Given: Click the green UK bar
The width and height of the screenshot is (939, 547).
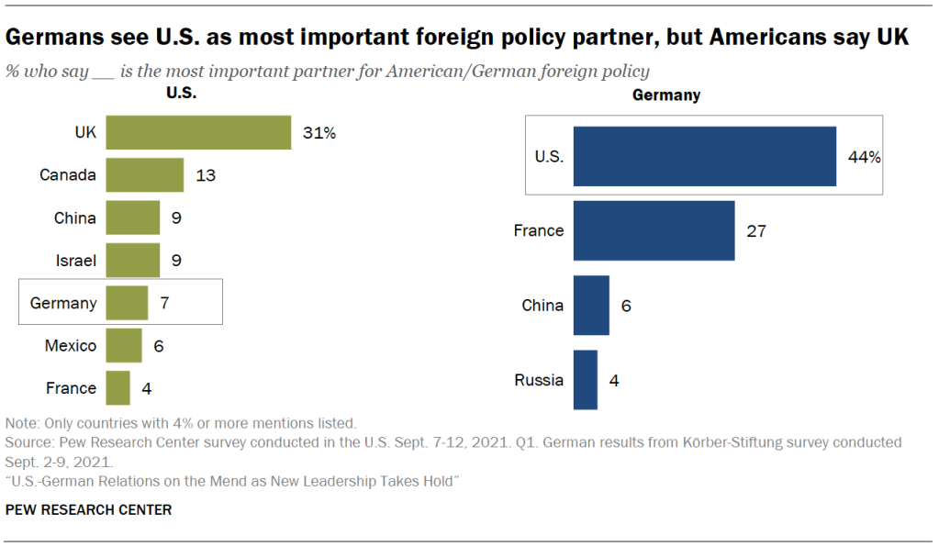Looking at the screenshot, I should [x=198, y=132].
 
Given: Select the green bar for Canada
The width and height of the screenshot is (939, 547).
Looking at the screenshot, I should [x=145, y=174].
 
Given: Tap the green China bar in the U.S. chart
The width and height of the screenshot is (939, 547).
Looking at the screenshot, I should [x=133, y=218].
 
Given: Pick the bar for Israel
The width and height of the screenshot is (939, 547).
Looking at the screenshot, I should [x=133, y=261].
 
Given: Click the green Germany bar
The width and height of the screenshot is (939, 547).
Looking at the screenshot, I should [x=127, y=303].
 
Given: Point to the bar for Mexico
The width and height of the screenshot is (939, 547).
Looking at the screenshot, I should [x=124, y=345].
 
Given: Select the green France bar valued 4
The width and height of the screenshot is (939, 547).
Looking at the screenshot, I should [x=117, y=387].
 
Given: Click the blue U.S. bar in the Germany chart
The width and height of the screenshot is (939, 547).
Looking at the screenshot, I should [x=704, y=156].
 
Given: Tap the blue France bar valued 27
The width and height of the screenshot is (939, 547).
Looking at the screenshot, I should [x=654, y=230].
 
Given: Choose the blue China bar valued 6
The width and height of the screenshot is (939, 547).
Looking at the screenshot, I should [x=591, y=305].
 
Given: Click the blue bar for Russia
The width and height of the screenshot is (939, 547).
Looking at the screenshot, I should [x=585, y=379].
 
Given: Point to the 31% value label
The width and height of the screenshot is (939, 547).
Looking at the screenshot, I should [x=319, y=133].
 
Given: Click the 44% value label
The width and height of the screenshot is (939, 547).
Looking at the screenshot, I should [x=865, y=157].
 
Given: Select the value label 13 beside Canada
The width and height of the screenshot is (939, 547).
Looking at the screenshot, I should [x=206, y=175].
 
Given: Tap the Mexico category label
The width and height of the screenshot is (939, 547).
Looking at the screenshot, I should [x=71, y=346].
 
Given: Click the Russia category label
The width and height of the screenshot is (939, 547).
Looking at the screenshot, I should [x=538, y=380].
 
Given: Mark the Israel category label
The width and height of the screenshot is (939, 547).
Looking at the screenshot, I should [x=76, y=261].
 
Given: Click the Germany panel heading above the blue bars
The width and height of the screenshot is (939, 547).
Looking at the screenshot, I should [x=666, y=95].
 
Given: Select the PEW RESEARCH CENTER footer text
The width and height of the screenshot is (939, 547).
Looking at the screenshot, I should [x=88, y=509].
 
